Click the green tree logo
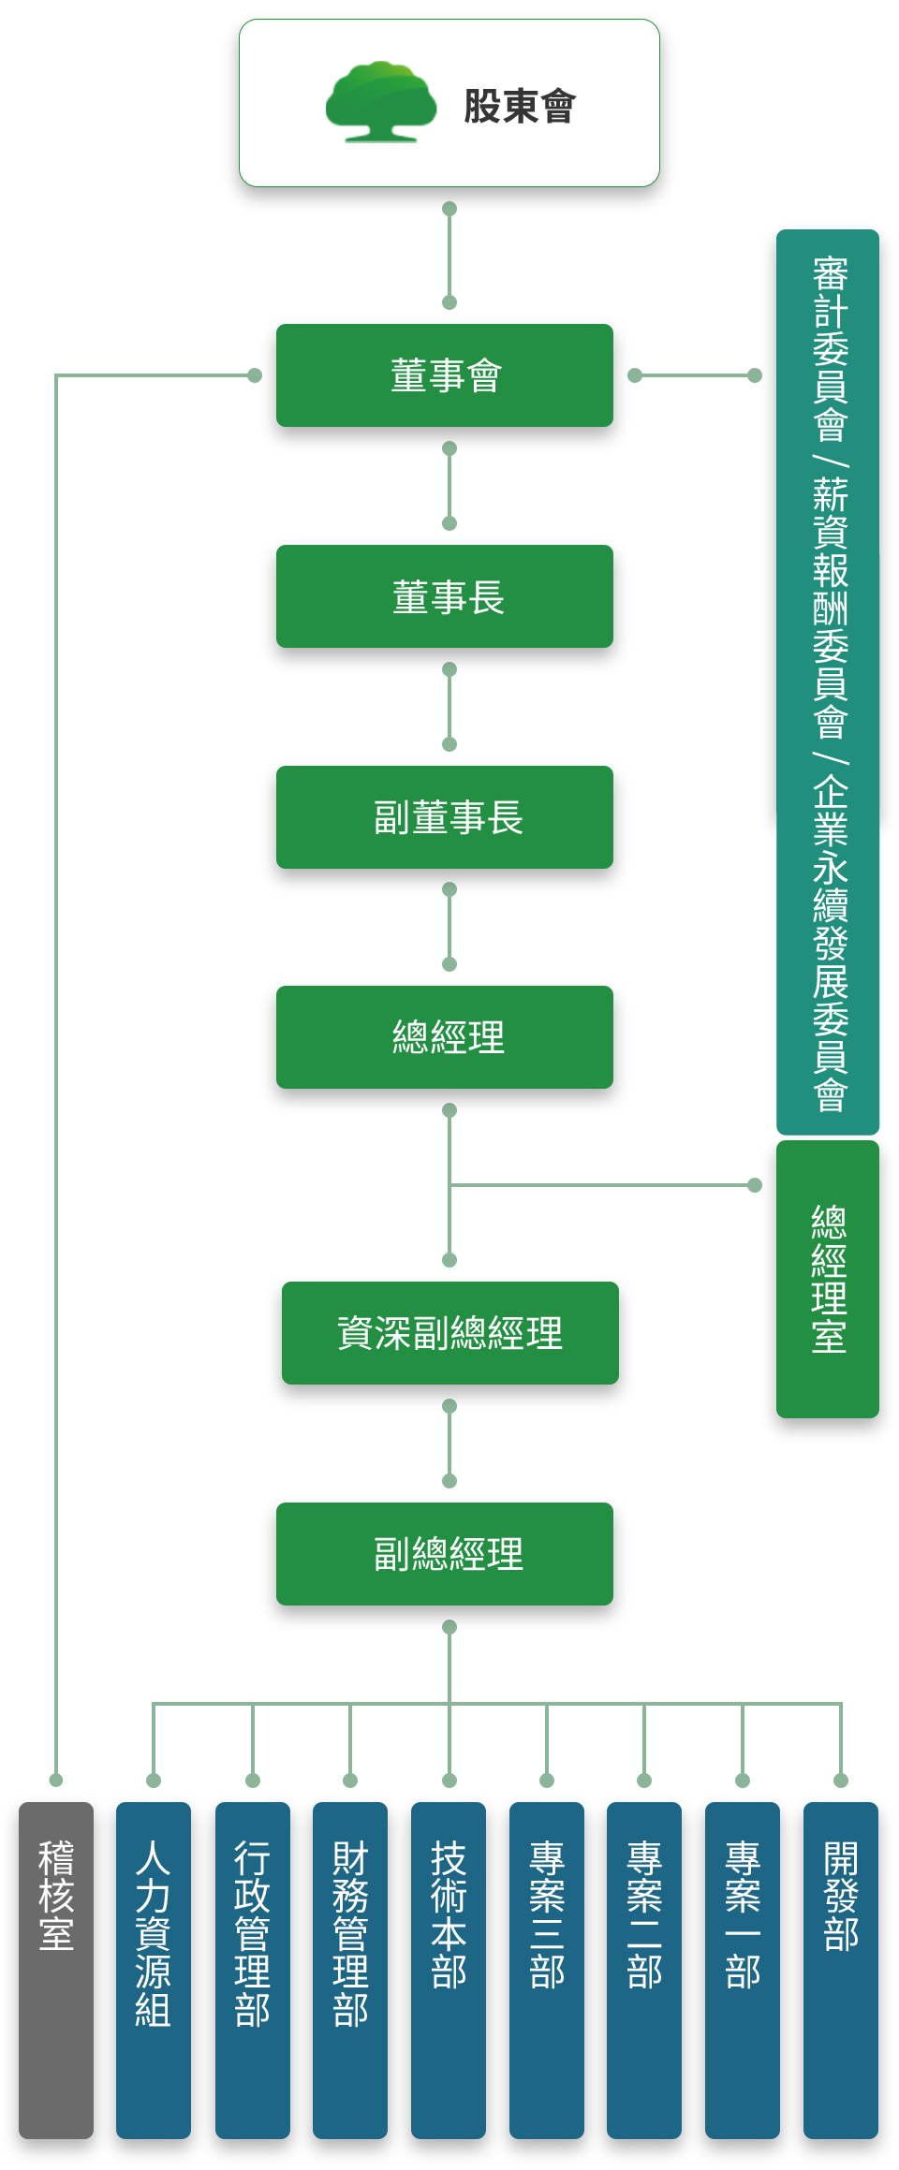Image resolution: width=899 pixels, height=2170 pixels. point(381,102)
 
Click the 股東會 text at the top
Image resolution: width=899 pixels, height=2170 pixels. point(520,106)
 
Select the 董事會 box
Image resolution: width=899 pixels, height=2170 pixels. point(445,375)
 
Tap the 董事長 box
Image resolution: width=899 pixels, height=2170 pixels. point(445,596)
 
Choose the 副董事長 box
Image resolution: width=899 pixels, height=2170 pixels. point(445,817)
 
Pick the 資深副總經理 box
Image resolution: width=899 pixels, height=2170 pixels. point(450,1333)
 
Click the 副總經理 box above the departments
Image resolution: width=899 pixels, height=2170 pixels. point(445,1554)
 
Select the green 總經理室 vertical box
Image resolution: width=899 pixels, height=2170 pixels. point(828,1279)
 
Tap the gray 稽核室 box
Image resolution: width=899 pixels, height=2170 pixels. point(56,1971)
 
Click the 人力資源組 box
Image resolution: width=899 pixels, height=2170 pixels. point(154,1971)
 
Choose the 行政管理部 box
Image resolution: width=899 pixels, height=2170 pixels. point(253,1971)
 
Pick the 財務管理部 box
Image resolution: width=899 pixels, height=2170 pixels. point(350,1971)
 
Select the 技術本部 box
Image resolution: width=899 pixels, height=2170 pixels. point(449,1971)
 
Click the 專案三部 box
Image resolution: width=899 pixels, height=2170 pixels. point(547,1971)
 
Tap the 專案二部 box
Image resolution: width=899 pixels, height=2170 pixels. point(644,1971)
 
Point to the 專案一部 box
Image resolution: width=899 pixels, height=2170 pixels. point(743,1971)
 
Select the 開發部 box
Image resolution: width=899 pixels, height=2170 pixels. point(841,1971)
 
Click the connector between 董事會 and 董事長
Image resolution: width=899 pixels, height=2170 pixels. point(449,486)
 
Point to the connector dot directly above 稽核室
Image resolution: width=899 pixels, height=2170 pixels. point(56,1780)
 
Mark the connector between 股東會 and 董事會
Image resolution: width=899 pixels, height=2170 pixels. point(449,256)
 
